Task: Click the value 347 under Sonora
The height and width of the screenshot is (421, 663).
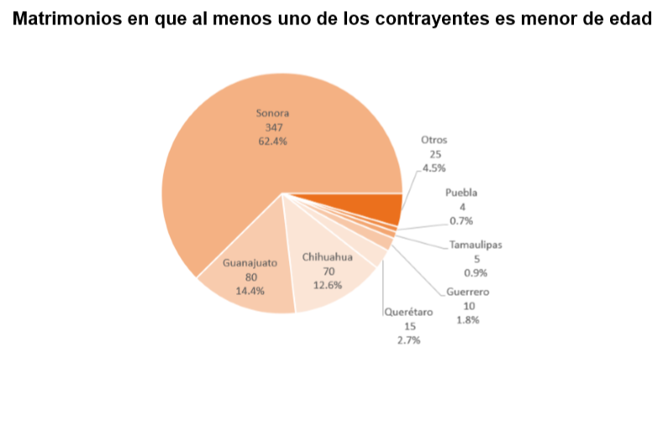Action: pyautogui.click(x=273, y=127)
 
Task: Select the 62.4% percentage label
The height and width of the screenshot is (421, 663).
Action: pyautogui.click(x=273, y=141)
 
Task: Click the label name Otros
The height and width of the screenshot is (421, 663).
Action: pyautogui.click(x=434, y=140)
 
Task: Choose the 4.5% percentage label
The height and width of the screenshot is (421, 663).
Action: pyautogui.click(x=434, y=168)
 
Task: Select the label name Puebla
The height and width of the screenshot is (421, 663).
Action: pyautogui.click(x=461, y=192)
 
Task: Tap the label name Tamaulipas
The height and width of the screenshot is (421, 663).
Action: pyautogui.click(x=476, y=245)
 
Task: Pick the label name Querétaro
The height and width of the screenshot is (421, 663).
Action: pyautogui.click(x=409, y=312)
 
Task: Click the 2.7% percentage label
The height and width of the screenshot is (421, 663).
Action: pyautogui.click(x=409, y=340)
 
